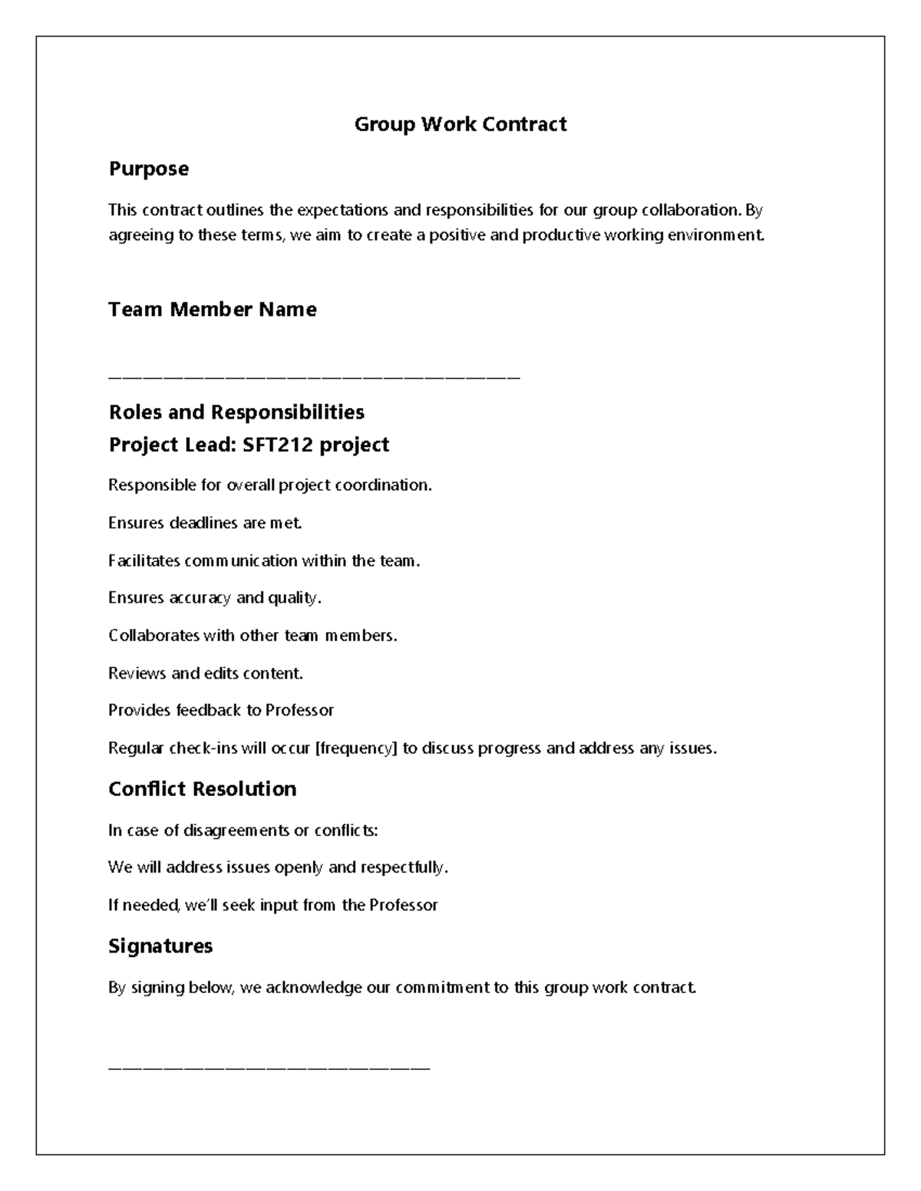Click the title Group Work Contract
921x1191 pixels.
460,124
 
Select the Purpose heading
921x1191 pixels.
148,169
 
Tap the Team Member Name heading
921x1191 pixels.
212,309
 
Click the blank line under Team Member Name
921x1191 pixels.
314,377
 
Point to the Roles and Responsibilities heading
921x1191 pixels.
236,413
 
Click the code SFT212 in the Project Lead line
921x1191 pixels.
277,445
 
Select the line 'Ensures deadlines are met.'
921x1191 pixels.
205,523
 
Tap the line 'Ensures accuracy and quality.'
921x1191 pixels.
214,597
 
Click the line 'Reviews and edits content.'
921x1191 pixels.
205,673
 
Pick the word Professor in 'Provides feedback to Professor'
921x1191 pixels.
299,710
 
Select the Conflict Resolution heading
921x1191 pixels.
202,789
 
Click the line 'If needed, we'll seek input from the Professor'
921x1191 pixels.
272,905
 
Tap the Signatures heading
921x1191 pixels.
160,946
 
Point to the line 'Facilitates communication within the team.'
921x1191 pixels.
264,561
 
